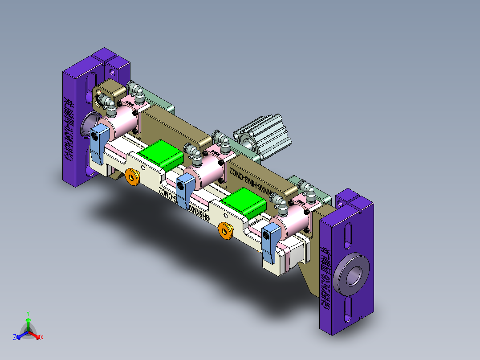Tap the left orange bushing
tap(132, 176)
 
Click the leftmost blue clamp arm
tap(98, 143)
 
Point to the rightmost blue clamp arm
tap(270, 242)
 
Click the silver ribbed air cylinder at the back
tap(265, 136)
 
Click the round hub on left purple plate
tap(89, 124)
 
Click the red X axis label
tap(42, 337)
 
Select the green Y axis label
tap(28, 313)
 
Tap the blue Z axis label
tap(15, 337)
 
